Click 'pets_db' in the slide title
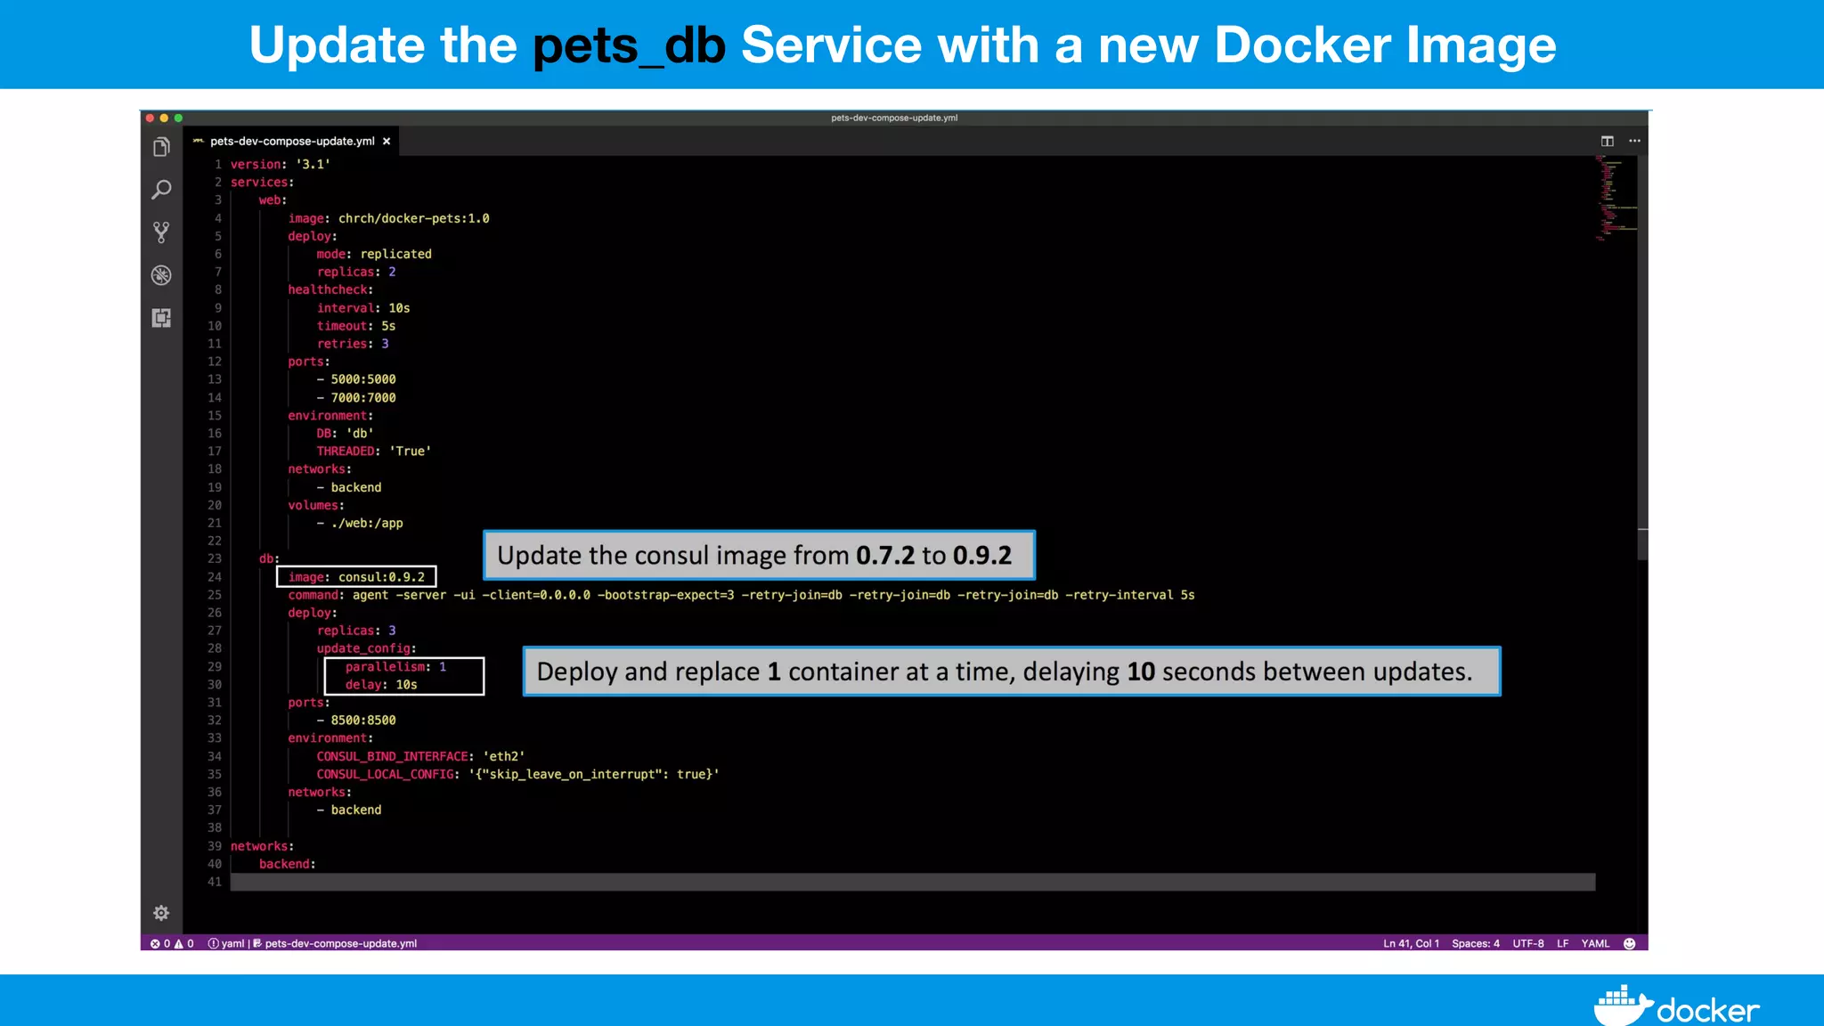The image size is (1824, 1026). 629,45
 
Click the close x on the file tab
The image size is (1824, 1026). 387,142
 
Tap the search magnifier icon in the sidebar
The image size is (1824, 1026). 161,190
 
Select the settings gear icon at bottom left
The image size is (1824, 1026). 161,913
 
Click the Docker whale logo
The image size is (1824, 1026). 1621,1006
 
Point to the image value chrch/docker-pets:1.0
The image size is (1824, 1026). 413,218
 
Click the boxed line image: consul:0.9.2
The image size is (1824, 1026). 356,577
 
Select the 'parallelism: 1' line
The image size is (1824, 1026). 395,667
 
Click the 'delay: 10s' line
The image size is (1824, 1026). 381,685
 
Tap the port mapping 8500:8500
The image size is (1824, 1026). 362,721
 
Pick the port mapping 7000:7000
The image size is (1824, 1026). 362,398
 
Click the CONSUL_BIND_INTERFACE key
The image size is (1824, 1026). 392,756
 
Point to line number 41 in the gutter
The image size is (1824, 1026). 215,882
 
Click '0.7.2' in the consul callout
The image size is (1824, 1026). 884,556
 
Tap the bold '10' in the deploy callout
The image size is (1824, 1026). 1141,672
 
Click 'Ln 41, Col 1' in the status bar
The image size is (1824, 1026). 1411,943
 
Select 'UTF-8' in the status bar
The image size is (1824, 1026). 1527,943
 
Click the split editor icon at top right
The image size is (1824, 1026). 1607,141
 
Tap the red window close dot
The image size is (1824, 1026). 151,118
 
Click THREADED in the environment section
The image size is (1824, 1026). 346,452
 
